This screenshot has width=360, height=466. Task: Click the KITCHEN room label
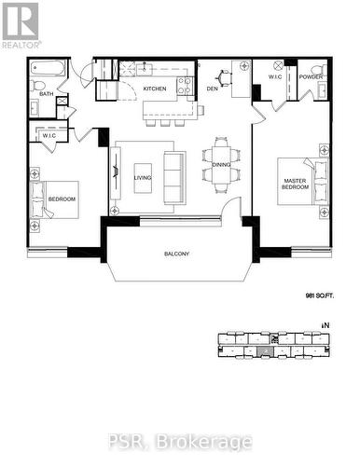155,89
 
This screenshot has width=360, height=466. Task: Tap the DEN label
213,89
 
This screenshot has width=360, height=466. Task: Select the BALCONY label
176,254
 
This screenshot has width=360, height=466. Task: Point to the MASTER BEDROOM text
295,184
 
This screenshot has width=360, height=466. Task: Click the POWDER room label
311,76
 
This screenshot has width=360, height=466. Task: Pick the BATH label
47,93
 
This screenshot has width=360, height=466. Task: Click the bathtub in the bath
48,68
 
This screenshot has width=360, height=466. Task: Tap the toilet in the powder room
320,71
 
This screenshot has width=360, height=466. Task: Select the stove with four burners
185,86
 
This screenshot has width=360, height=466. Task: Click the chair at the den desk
224,77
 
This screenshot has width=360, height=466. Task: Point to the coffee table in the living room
143,178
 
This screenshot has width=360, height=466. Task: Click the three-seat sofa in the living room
174,178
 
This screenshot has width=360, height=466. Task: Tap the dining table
221,165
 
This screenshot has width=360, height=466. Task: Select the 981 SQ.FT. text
319,296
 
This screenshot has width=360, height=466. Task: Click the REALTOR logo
21,25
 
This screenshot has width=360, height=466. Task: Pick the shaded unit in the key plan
265,351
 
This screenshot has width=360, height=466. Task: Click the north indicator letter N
326,325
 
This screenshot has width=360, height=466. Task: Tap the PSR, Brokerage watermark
180,441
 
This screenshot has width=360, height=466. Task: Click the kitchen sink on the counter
144,68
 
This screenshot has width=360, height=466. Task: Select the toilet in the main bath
37,85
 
